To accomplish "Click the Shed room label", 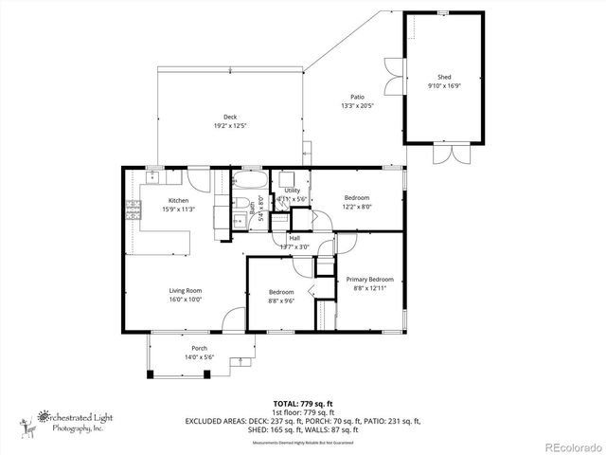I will [x=444, y=76].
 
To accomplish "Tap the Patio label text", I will [x=357, y=97].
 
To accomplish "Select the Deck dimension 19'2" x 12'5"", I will [x=230, y=126].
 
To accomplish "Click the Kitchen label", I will [x=178, y=200].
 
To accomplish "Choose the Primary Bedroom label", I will [x=369, y=279].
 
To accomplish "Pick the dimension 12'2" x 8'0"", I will [x=357, y=207].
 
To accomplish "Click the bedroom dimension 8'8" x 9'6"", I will [x=281, y=301].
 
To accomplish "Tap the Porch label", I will [x=200, y=348].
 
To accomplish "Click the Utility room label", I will [x=293, y=191].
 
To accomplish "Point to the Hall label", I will [x=294, y=238].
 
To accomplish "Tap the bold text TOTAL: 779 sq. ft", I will [x=303, y=404].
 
